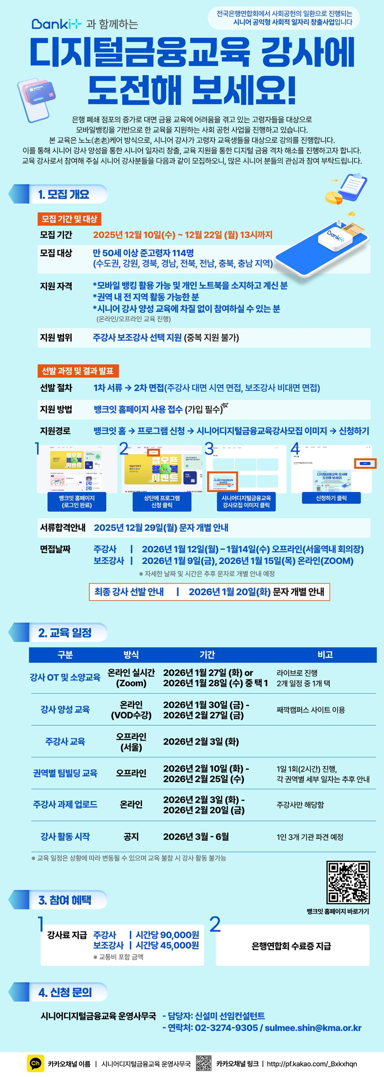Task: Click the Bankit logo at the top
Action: [56, 24]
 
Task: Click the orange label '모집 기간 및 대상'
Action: [69, 219]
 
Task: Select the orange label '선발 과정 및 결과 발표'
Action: [78, 371]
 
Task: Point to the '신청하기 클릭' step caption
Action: [331, 498]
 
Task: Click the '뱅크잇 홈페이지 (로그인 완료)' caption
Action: [77, 501]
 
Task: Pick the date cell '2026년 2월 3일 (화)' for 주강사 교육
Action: [201, 741]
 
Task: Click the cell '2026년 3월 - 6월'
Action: [196, 836]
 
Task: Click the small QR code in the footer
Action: [203, 1064]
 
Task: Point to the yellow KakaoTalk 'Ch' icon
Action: [35, 1064]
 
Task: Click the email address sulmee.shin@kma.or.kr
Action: [313, 1028]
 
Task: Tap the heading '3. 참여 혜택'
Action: [65, 900]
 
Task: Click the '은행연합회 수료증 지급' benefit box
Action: [292, 946]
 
